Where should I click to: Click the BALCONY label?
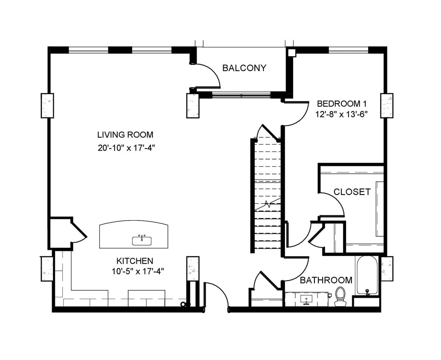pyautogui.click(x=244, y=68)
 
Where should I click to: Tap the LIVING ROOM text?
pyautogui.click(x=125, y=135)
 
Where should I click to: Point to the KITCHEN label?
pyautogui.click(x=135, y=261)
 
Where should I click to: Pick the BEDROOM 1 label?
pyautogui.click(x=342, y=104)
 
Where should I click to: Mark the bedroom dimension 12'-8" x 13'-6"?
pyautogui.click(x=342, y=114)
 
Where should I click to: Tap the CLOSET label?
pyautogui.click(x=352, y=192)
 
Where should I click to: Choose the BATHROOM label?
pyautogui.click(x=326, y=280)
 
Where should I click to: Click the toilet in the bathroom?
pyautogui.click(x=340, y=296)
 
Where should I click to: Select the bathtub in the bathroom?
pyautogui.click(x=367, y=275)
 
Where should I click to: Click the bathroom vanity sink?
pyautogui.click(x=306, y=299)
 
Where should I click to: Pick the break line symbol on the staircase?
pyautogui.click(x=268, y=203)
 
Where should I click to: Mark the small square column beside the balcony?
pyautogui.click(x=291, y=52)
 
